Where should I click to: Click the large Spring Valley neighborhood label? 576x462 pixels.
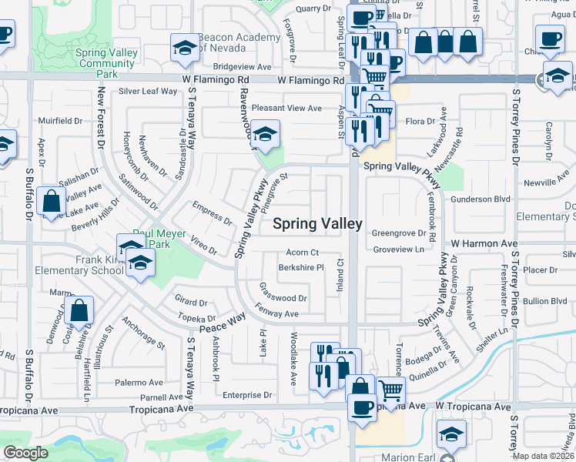click(x=317, y=224)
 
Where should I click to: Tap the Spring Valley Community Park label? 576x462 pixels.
click(x=107, y=63)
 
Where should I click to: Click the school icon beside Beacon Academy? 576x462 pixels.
click(x=185, y=49)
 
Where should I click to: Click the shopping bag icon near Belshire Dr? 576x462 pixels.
click(x=79, y=312)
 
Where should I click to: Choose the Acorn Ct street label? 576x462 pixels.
click(x=302, y=253)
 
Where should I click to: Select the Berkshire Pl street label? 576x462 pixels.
click(x=300, y=268)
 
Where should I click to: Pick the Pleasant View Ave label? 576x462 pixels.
click(x=286, y=109)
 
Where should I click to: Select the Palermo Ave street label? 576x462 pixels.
click(x=139, y=383)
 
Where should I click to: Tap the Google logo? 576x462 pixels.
click(x=25, y=453)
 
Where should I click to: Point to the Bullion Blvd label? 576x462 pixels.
click(x=544, y=301)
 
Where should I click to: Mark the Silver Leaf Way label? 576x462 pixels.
click(x=148, y=91)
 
